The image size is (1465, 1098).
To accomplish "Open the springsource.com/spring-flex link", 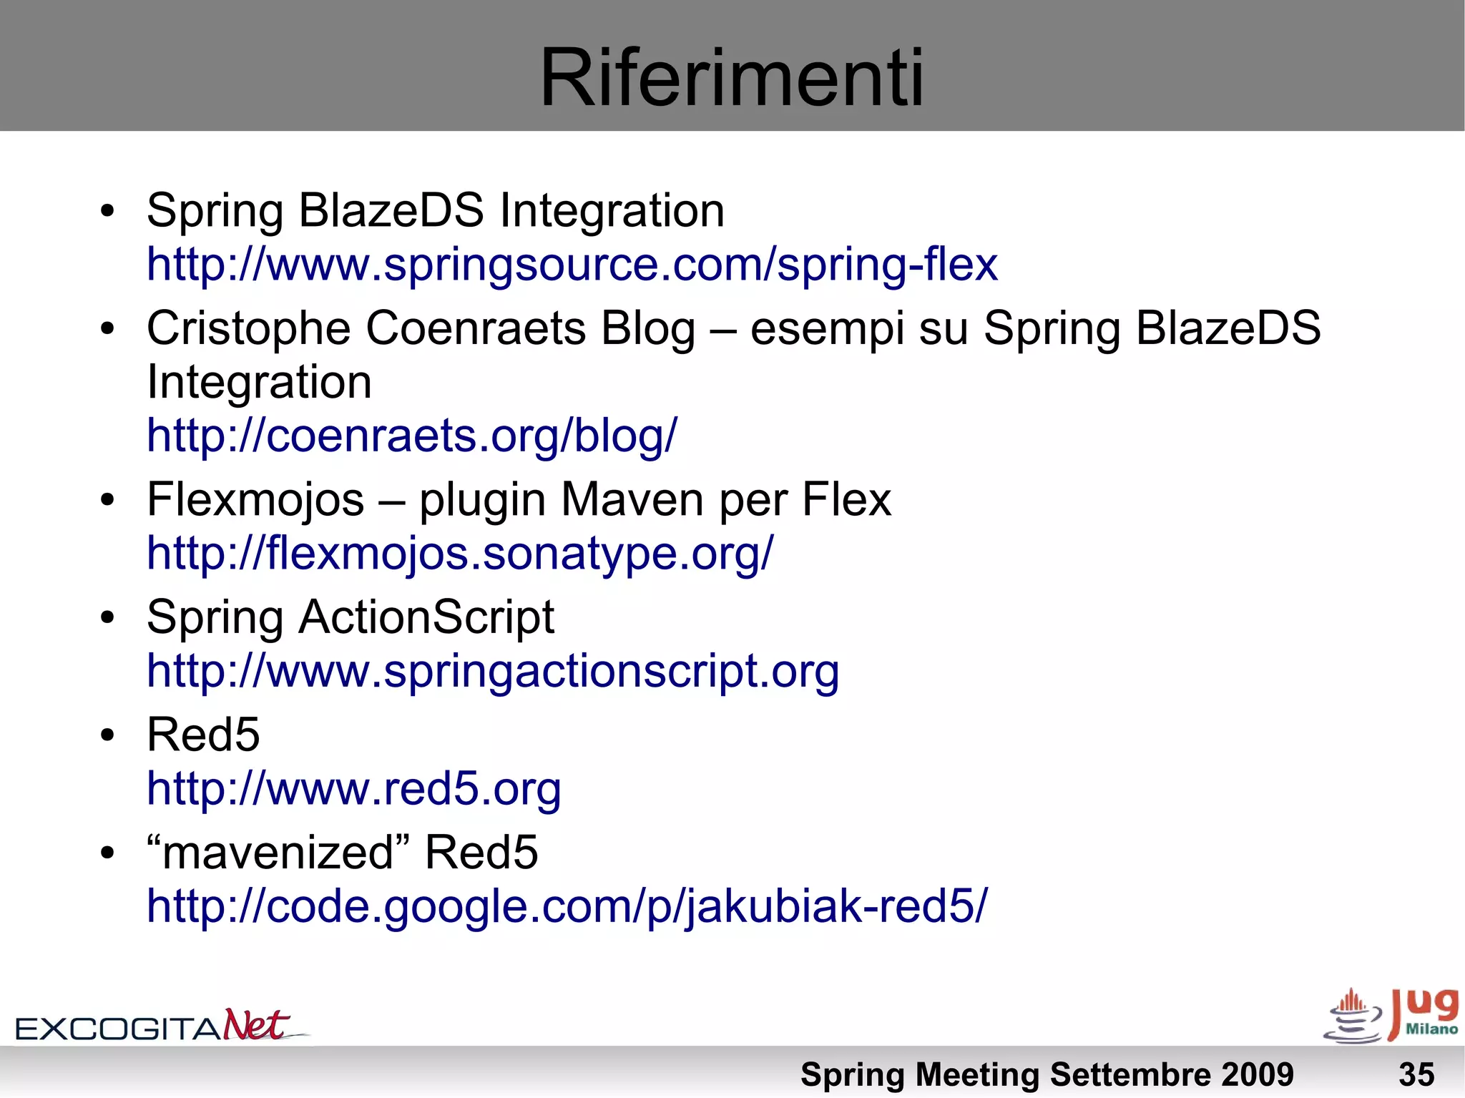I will tap(572, 265).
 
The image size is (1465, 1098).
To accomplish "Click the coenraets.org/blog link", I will tap(411, 436).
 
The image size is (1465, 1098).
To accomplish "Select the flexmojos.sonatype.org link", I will tap(460, 554).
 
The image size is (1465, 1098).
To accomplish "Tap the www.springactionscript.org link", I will tap(493, 672).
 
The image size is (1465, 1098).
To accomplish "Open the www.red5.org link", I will tap(353, 789).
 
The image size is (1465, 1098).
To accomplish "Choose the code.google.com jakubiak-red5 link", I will tap(567, 906).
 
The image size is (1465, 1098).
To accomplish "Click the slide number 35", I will tap(1416, 1074).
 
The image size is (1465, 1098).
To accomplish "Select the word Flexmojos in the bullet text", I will tap(255, 499).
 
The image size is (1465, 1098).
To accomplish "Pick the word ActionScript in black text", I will tap(426, 617).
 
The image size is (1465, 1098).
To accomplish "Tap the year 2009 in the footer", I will tap(1258, 1074).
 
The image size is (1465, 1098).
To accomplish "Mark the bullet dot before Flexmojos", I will tap(107, 501).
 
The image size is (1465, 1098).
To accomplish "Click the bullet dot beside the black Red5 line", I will tap(107, 736).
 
